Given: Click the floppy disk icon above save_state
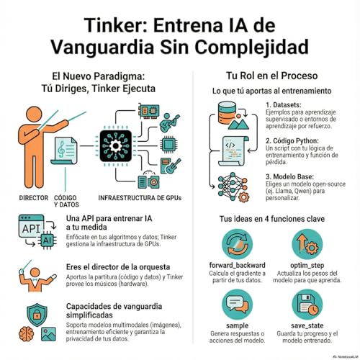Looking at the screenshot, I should pos(312,305).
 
